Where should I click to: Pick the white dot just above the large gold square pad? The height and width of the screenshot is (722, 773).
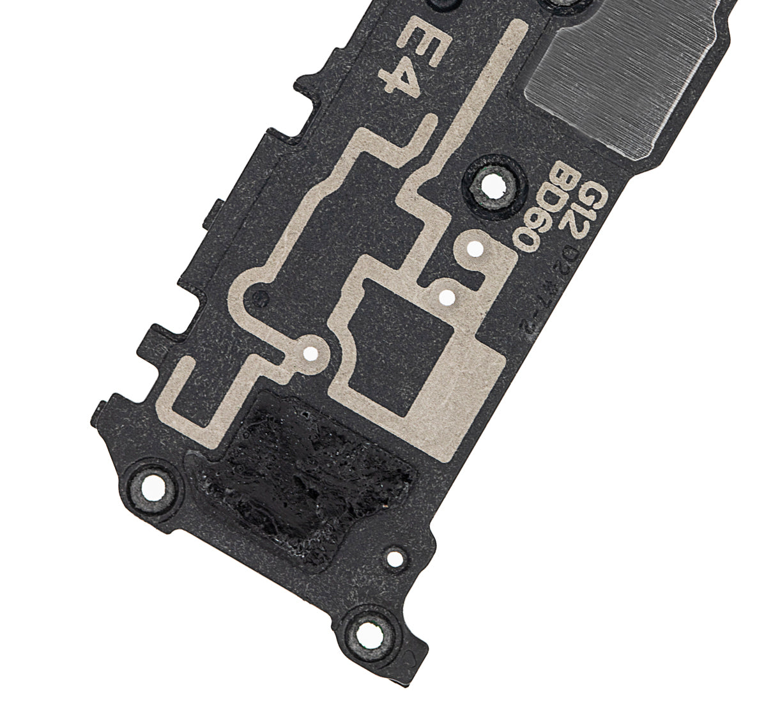click(x=448, y=296)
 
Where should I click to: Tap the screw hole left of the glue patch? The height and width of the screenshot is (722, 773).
click(x=152, y=487)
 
